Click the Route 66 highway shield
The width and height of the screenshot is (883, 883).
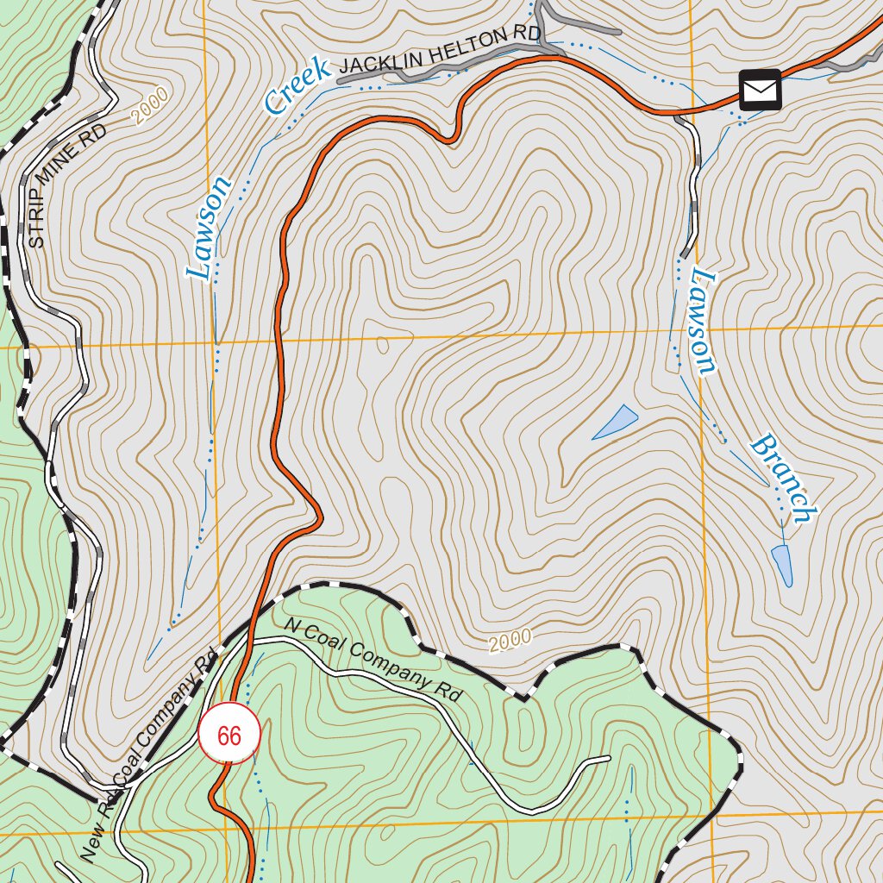click(x=229, y=736)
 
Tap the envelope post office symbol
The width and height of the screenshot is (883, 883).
click(x=760, y=90)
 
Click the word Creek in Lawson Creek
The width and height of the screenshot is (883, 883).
click(x=297, y=85)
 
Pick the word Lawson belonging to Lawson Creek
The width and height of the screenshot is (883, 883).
click(x=210, y=228)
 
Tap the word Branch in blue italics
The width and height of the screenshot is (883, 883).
click(x=783, y=479)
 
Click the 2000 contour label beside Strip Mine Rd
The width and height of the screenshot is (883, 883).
click(x=152, y=106)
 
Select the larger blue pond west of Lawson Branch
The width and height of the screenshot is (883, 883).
click(x=616, y=422)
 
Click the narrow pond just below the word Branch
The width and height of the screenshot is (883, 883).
click(x=782, y=565)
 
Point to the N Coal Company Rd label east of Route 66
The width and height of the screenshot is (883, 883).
click(x=373, y=659)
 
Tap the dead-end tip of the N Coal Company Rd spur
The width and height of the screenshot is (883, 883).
click(x=609, y=759)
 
